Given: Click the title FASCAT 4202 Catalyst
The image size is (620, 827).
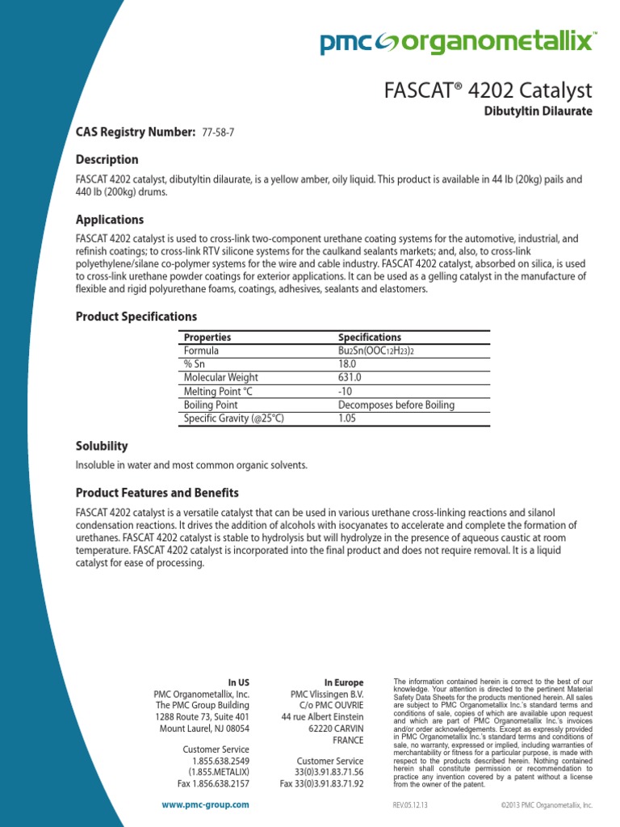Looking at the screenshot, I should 488,90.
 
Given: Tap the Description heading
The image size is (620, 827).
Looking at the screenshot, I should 107,159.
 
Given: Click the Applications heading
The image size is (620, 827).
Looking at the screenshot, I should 109,220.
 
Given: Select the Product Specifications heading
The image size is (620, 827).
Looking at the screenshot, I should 136,317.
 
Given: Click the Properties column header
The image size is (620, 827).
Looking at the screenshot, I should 207,337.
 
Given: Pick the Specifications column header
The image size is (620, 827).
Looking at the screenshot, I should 369,337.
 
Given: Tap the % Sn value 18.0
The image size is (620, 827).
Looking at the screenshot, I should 347,364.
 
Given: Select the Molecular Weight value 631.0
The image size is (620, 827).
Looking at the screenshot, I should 350,377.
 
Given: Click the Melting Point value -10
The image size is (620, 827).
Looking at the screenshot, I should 346,391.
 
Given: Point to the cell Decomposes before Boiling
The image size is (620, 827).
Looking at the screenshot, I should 396,405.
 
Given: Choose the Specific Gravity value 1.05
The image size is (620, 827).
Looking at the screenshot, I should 347,418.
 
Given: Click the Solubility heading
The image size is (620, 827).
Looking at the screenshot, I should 102,446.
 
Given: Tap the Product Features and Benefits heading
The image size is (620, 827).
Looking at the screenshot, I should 157,493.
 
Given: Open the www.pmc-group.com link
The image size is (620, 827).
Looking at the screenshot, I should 205,804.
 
